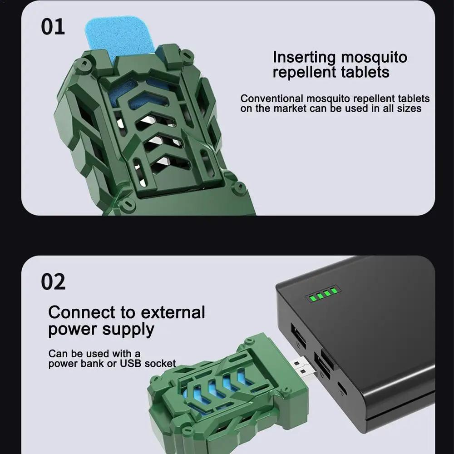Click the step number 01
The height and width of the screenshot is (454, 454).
[53, 27]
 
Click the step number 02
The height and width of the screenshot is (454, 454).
[53, 281]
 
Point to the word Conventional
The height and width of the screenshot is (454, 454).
[271, 99]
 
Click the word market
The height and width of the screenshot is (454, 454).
[290, 109]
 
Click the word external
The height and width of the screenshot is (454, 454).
[173, 312]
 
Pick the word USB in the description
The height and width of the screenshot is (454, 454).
[131, 364]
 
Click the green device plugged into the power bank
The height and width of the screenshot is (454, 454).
[227, 397]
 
